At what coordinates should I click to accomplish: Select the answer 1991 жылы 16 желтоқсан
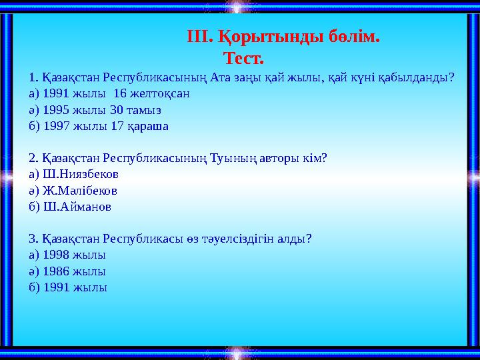pos(109,93)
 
